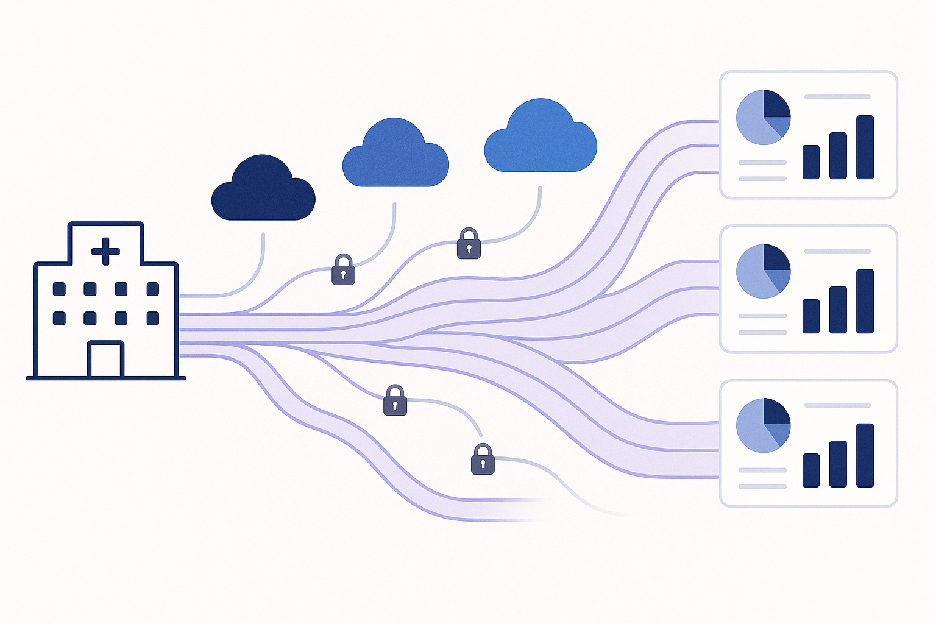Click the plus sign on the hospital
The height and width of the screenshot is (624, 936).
(x=105, y=251)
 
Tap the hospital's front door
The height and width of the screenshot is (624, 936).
(x=105, y=360)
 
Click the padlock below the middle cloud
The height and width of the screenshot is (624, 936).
(x=343, y=269)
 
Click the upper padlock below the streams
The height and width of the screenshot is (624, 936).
(x=395, y=400)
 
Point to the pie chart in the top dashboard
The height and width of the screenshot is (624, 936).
(x=763, y=117)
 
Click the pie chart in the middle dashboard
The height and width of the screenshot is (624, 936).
(x=763, y=271)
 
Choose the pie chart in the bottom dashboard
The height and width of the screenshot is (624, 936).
(x=763, y=425)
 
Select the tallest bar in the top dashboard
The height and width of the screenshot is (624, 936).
(x=865, y=147)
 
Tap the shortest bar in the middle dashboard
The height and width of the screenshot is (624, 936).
(x=811, y=316)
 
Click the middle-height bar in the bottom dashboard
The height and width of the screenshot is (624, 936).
(x=838, y=463)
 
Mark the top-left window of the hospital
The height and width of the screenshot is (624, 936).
(x=59, y=289)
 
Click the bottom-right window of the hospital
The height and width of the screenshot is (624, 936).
(x=152, y=318)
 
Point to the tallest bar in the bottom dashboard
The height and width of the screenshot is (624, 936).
(x=865, y=455)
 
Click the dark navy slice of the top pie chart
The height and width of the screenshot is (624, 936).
(x=776, y=104)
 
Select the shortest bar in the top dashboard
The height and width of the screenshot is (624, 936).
(x=811, y=161)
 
